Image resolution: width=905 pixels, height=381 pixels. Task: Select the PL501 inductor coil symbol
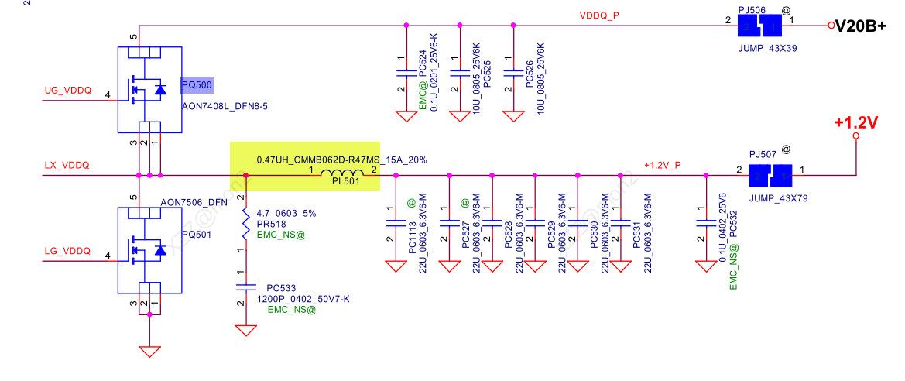[x=341, y=175]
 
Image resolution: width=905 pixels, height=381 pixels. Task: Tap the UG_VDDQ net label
[x=67, y=91]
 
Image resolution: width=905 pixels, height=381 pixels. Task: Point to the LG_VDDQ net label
[x=67, y=252]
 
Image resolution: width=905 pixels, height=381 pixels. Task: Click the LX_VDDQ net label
[x=67, y=166]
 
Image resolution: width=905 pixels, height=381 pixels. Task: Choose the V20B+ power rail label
[x=859, y=26]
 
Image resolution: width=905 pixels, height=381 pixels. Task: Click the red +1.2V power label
[x=855, y=123]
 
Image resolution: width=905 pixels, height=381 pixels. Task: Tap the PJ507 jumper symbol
[x=770, y=176]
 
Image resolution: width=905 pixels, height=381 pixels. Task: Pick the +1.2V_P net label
[x=663, y=165]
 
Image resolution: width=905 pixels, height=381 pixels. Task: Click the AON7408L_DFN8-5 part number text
[x=225, y=105]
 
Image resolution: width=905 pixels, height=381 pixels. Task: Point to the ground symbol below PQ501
[x=149, y=350]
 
